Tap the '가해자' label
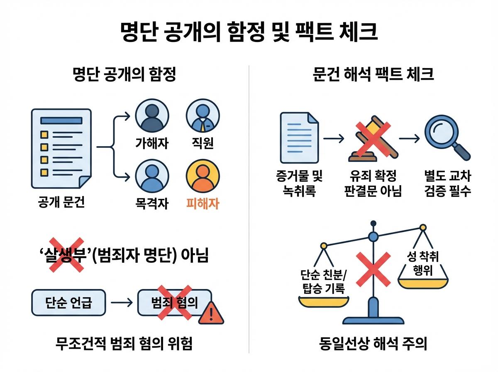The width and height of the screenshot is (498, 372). click(152, 143)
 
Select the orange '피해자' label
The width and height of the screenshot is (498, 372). click(203, 203)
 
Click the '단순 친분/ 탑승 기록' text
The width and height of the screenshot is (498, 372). click(323, 281)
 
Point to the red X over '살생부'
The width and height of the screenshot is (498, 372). click(66, 255)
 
